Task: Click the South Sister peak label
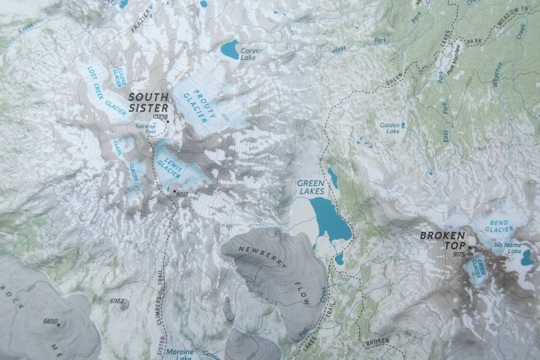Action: [x=148, y=102]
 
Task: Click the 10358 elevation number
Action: [x=161, y=116]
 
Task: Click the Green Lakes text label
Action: [x=311, y=187]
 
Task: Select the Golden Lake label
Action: [x=390, y=128]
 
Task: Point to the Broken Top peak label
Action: [x=443, y=240]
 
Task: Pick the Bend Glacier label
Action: [x=499, y=226]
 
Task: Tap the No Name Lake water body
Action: [x=527, y=259]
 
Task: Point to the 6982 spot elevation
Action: [x=116, y=301]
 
